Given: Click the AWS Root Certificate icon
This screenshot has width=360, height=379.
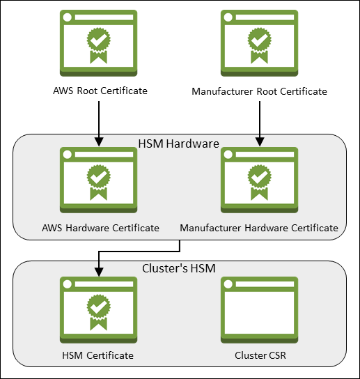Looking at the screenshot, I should (x=99, y=43).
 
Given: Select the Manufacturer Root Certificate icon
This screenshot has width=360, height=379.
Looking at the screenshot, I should (x=259, y=43).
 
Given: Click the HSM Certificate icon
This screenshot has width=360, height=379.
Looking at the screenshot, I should (x=99, y=310).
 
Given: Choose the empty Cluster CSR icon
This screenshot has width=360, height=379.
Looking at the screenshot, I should (x=259, y=310).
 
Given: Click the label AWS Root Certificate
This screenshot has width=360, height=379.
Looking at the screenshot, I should (x=100, y=91).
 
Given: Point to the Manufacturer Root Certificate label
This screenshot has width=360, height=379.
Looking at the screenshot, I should (x=259, y=91).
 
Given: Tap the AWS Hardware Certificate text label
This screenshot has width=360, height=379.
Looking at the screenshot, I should (x=100, y=228).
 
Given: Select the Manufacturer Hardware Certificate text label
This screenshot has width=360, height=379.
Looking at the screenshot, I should (x=259, y=228).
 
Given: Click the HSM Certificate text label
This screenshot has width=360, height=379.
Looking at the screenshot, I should (x=97, y=356).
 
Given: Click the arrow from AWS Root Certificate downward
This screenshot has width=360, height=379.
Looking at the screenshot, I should (x=99, y=122).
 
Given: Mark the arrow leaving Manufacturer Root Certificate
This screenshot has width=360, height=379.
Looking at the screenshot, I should (x=259, y=122).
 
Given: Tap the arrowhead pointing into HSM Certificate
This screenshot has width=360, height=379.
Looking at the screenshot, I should (x=99, y=272).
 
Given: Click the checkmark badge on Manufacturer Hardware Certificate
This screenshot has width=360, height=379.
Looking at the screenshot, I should (x=259, y=177).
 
